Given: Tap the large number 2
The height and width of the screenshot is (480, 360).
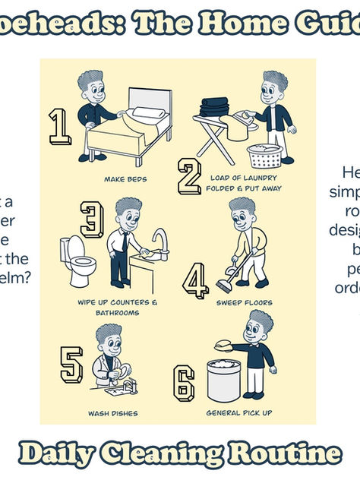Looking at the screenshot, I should coord(189,177).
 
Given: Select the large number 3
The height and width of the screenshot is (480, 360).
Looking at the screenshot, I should coord(92,219).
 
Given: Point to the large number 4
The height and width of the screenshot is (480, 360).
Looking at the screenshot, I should coord(195,281).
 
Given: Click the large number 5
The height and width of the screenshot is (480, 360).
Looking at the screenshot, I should coord(71,365).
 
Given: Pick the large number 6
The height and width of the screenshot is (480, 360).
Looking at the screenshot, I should coord(184,382).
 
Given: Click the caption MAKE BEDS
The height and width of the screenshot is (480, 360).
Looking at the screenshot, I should coord(125,180).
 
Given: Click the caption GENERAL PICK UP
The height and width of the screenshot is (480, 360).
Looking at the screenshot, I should coord(239,414).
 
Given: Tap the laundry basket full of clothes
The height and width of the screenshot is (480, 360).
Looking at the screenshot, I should coord(265,156).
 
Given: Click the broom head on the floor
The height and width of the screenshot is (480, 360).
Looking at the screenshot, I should coord(226,286).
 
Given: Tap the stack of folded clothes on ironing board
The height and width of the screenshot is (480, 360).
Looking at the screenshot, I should coord(214,106).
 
